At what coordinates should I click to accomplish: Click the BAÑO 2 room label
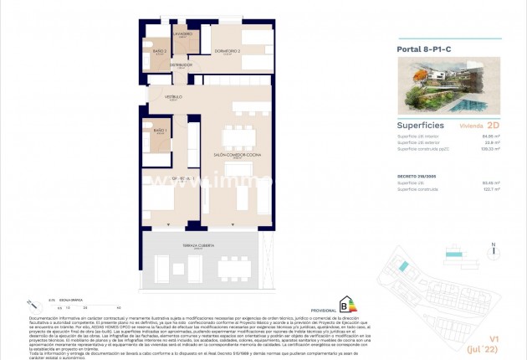tap(159, 51)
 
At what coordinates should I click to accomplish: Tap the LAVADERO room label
tap(183, 34)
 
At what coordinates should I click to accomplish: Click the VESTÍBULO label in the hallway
tap(172, 97)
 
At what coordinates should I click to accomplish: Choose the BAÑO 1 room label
tap(159, 131)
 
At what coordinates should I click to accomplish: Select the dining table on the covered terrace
tap(229, 267)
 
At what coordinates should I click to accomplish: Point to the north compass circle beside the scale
tap(31, 304)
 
